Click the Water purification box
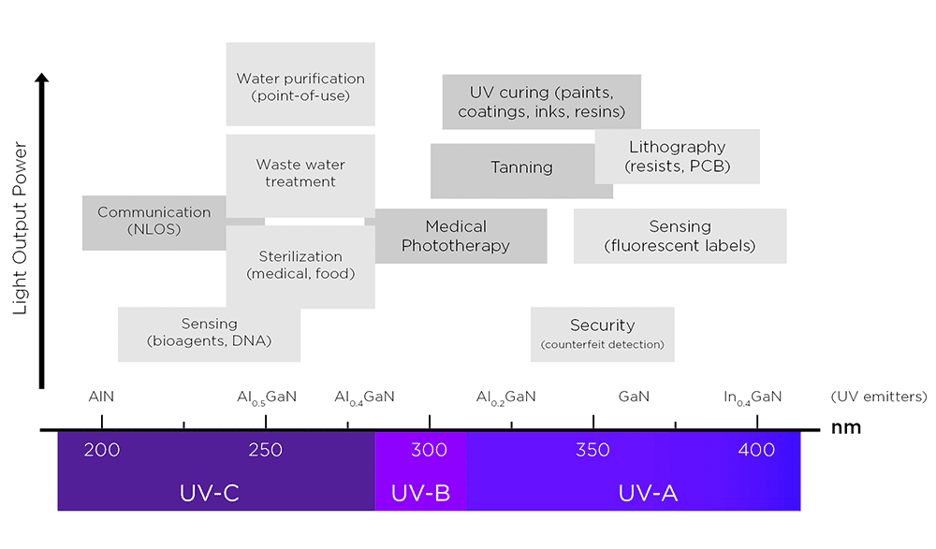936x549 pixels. [x=300, y=87]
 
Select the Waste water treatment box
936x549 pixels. [x=300, y=173]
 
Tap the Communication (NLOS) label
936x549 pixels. [x=154, y=221]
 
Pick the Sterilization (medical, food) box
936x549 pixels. [x=300, y=265]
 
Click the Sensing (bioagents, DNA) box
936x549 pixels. [x=209, y=333]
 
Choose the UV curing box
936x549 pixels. [x=541, y=103]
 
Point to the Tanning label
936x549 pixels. [x=521, y=168]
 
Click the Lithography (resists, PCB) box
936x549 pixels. [x=677, y=157]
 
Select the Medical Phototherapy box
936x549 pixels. [x=456, y=236]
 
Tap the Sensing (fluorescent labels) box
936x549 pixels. [x=680, y=236]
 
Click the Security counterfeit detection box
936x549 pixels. [x=602, y=334]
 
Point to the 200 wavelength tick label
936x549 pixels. [x=102, y=451]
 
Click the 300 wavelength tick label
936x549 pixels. [x=429, y=451]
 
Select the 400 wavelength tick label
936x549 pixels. [x=756, y=451]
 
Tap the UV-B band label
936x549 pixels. [x=420, y=493]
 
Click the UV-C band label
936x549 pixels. [x=210, y=493]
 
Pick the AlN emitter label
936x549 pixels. [x=101, y=397]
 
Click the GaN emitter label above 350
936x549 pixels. [x=634, y=397]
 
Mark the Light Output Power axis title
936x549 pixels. [x=21, y=229]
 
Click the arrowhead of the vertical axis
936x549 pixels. [x=41, y=79]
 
